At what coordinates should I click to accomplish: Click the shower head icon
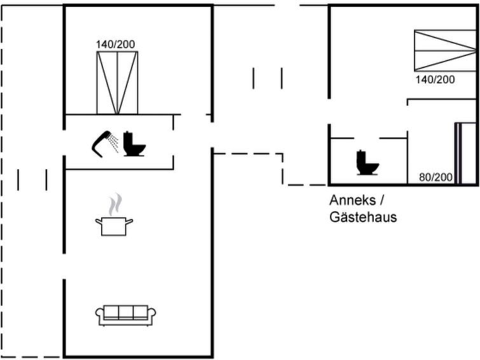tap(101, 144)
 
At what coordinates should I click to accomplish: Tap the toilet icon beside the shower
tap(134, 144)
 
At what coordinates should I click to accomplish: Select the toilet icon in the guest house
tap(367, 163)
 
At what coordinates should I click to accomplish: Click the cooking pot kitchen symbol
tap(114, 226)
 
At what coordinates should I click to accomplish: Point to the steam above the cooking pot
tap(115, 204)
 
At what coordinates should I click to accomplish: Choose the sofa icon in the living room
tap(125, 315)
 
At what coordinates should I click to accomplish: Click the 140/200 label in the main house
tap(116, 45)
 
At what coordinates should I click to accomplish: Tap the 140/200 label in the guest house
tap(435, 80)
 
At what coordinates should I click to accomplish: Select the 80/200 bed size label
tap(435, 177)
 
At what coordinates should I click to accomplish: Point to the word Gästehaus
tap(363, 218)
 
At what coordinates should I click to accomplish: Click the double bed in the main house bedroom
tap(117, 83)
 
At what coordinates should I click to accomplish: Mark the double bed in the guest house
tap(446, 50)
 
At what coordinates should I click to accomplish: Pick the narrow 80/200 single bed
tap(465, 153)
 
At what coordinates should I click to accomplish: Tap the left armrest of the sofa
tap(99, 315)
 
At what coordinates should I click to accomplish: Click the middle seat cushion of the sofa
tap(125, 312)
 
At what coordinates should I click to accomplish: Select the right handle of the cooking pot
tap(129, 221)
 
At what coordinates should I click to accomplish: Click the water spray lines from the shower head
tap(114, 142)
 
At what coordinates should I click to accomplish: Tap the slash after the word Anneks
tap(381, 200)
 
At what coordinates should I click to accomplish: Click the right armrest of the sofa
tap(151, 315)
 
